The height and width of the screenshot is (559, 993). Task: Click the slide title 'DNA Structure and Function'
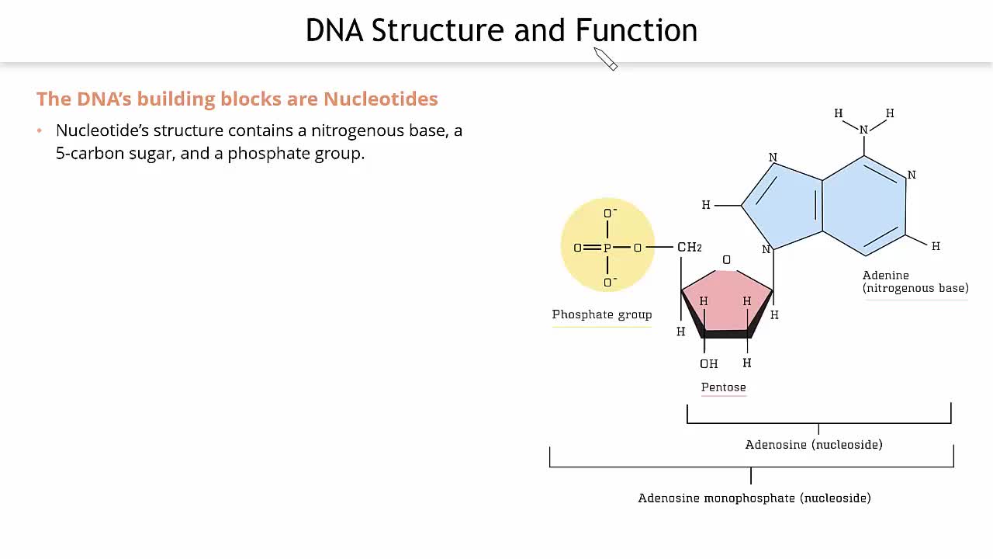point(501,30)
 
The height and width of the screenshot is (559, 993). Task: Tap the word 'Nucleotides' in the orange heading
point(380,99)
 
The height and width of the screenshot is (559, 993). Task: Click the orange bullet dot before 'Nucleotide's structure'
point(40,130)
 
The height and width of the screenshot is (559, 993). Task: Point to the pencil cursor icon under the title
point(606,59)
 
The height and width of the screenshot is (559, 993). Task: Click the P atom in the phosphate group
point(607,248)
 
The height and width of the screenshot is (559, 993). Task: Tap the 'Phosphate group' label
point(601,314)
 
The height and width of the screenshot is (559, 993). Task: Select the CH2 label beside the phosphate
point(690,247)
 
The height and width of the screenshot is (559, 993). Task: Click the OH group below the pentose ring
point(708,364)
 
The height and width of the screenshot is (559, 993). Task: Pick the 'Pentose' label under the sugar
point(724,387)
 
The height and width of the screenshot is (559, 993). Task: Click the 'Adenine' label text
point(886,275)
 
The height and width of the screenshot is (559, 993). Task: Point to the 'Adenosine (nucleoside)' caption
point(814,445)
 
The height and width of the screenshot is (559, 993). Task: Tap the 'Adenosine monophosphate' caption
point(716,498)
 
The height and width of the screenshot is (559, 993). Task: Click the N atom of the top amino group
point(863,130)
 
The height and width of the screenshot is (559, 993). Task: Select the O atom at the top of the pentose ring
point(726,260)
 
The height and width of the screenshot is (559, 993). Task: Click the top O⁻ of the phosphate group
point(609,213)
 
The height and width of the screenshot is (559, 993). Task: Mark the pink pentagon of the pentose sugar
point(727,302)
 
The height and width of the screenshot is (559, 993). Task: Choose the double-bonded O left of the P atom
point(577,248)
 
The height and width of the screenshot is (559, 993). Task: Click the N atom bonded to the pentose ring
point(766,249)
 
